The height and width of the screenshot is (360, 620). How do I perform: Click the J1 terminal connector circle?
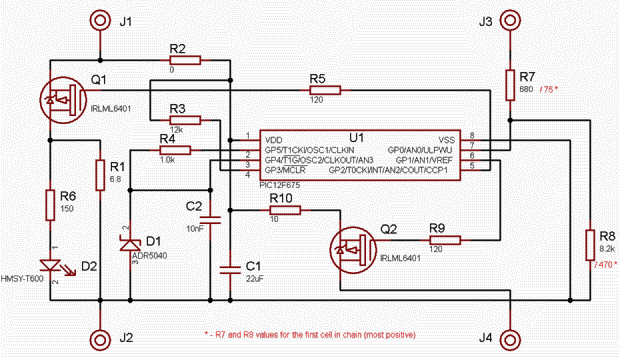point(100,21)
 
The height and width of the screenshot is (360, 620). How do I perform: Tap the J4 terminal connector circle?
point(510,339)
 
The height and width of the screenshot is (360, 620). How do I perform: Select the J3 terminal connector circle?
point(510,21)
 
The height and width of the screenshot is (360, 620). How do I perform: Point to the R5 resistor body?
point(325,90)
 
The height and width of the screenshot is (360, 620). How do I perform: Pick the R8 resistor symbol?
point(590,245)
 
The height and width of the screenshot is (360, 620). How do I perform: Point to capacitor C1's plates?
point(231,269)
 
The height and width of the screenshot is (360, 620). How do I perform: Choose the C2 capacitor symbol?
point(210,220)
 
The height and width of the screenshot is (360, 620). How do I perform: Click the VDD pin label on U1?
point(274,139)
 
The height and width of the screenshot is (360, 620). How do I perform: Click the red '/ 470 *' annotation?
point(605,264)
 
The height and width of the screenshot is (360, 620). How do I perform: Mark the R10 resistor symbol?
point(285,210)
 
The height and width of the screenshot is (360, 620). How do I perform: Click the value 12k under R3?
point(176,129)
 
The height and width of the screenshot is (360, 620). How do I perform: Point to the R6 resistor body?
point(51,205)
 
